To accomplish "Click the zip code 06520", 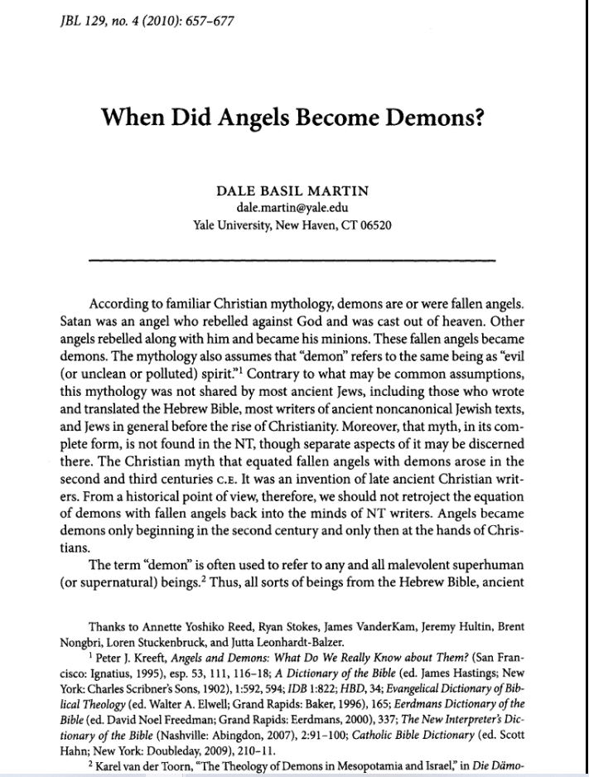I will [375, 224].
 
